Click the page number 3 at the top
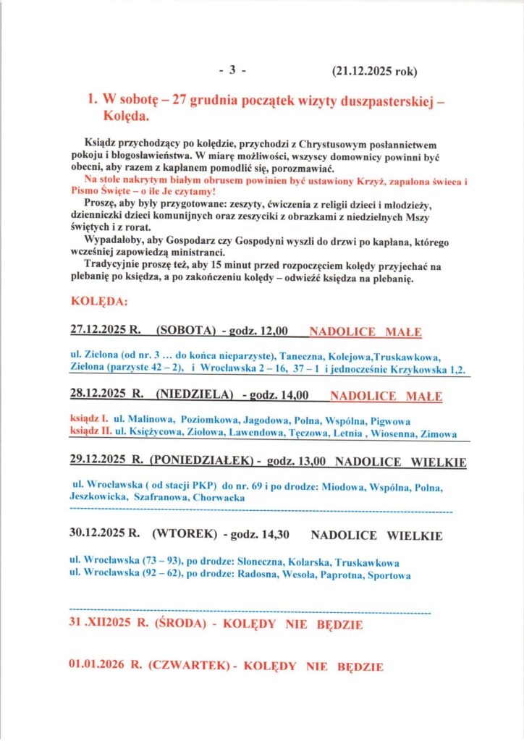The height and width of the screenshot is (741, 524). click(233, 71)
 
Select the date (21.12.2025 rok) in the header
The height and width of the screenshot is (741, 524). click(374, 71)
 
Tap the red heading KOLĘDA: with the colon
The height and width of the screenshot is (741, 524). click(99, 300)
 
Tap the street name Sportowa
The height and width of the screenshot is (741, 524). click(389, 576)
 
